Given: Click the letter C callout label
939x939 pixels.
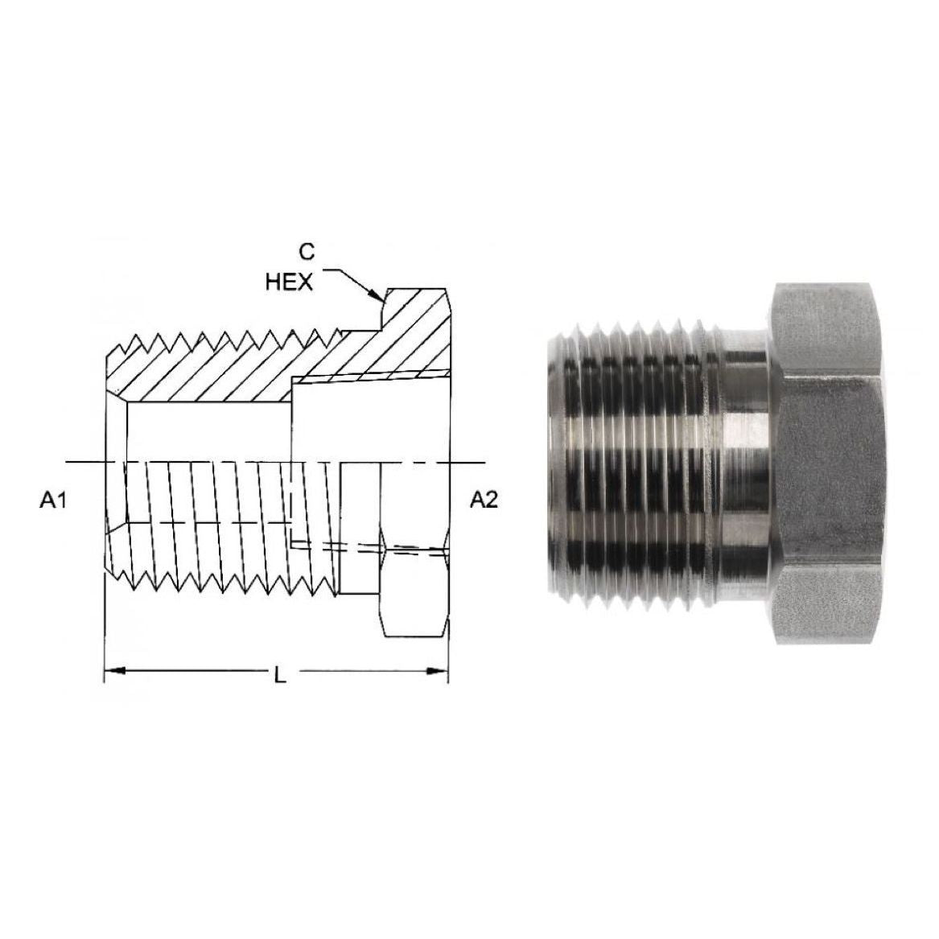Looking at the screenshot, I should click(306, 253).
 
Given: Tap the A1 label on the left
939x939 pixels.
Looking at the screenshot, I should click(52, 500).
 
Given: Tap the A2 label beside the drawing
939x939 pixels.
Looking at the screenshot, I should click(484, 500).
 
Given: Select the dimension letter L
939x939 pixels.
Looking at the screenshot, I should click(279, 675).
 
